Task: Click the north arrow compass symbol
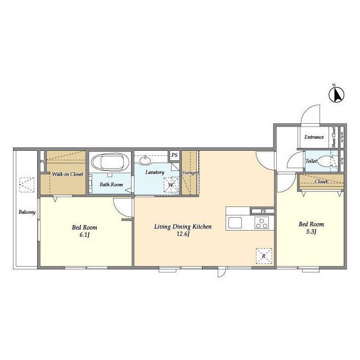[336, 94]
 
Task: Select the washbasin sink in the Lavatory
[145, 160]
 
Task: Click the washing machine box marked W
[171, 184]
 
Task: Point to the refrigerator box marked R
[264, 256]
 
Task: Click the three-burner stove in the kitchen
[262, 223]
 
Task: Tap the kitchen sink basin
[235, 223]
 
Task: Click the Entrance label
[314, 137]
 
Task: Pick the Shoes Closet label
[334, 137]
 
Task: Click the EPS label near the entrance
[342, 137]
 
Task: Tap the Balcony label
[27, 212]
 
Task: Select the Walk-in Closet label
[67, 174]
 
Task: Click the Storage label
[190, 173]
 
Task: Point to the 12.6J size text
[183, 234]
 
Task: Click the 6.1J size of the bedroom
[84, 235]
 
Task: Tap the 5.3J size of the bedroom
[311, 232]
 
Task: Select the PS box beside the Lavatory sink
[174, 155]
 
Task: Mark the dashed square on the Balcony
[27, 185]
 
